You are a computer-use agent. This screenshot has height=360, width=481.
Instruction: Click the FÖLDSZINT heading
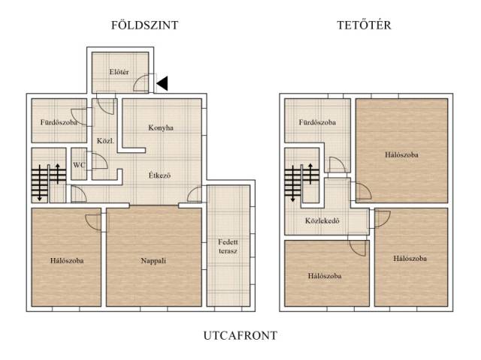point(144,25)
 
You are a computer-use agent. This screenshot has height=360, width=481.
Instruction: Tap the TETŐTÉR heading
point(364,25)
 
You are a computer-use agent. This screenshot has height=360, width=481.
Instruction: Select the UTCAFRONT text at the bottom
point(240,335)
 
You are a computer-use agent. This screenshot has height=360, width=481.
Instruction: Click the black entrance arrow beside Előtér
point(162,83)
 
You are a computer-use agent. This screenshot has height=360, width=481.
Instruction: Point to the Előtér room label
point(119,72)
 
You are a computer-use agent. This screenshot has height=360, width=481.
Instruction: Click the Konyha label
point(161,127)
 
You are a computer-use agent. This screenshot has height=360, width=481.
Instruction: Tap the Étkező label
point(159,175)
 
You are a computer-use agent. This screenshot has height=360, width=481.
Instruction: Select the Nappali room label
point(153,261)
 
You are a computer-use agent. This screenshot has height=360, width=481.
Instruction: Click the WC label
point(78,165)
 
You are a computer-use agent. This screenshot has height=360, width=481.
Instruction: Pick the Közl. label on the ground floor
point(105,141)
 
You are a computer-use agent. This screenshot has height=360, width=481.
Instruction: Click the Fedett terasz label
point(228,247)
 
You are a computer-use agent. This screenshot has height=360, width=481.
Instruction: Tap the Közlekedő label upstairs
point(322,220)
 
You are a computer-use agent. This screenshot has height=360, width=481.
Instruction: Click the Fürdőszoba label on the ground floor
point(59,122)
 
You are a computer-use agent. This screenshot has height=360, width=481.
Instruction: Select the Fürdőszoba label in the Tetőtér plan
point(317,122)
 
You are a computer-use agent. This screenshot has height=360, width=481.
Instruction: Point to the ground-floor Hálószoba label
point(67,261)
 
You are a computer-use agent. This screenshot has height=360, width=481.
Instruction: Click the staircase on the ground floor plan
point(49,182)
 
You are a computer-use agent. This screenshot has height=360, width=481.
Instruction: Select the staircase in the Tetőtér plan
point(301,182)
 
